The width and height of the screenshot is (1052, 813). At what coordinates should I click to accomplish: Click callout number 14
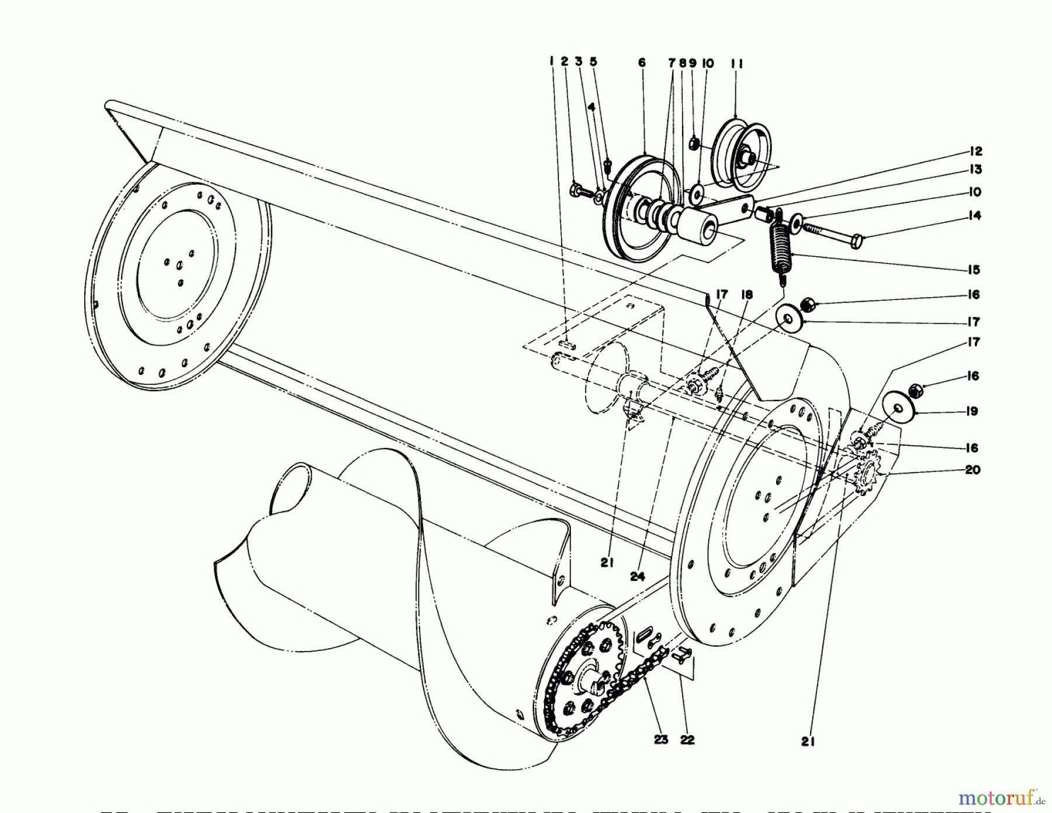[x=973, y=216]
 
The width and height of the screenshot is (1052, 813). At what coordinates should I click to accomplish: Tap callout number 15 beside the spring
[x=973, y=270]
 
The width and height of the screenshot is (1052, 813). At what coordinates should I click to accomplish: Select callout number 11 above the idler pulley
[x=736, y=64]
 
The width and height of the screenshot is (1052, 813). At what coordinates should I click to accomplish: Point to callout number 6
[x=642, y=63]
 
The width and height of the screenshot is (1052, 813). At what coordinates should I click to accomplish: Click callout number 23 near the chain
[x=660, y=739]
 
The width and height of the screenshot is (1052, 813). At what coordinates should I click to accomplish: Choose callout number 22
[x=687, y=739]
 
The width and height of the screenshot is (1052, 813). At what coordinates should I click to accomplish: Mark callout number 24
[x=637, y=576]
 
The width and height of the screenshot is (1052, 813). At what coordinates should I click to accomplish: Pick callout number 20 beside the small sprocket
[x=973, y=470]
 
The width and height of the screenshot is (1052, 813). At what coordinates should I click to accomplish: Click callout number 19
[x=973, y=411]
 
